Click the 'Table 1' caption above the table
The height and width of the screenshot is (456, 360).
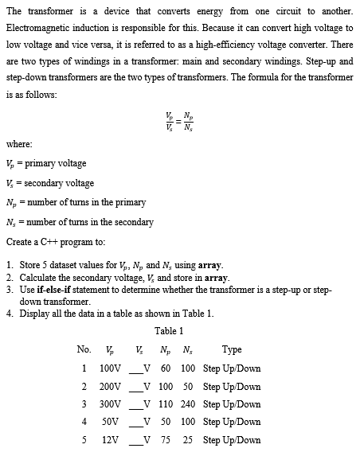pyautogui.click(x=169, y=331)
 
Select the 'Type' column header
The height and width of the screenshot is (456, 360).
pyautogui.click(x=232, y=350)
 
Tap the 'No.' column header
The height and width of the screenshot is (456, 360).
pyautogui.click(x=84, y=350)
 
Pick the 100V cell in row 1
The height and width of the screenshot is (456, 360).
pyautogui.click(x=109, y=368)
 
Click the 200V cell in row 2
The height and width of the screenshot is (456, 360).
pyautogui.click(x=109, y=387)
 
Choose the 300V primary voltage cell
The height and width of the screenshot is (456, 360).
pyautogui.click(x=109, y=404)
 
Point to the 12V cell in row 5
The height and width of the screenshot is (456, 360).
pyautogui.click(x=112, y=440)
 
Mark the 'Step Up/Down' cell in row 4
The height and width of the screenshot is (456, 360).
pyautogui.click(x=232, y=423)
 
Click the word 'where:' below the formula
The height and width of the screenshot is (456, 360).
pyautogui.click(x=18, y=145)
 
